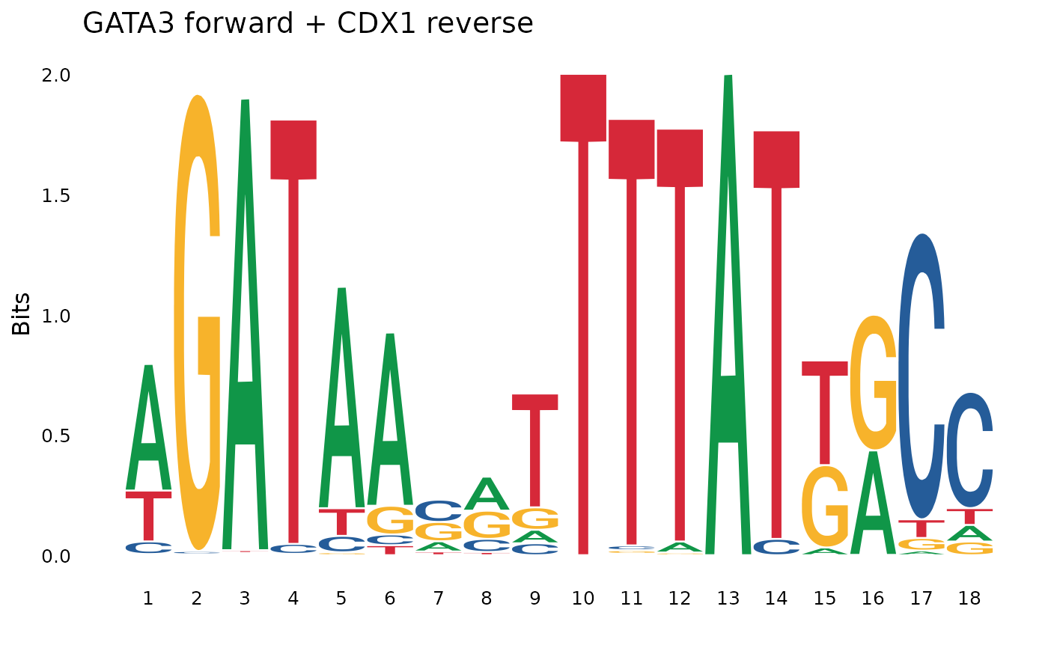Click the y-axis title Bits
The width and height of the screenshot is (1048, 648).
coord(22,314)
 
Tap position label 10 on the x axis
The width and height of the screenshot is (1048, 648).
coord(583,599)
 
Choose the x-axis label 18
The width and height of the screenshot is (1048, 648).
coord(970,599)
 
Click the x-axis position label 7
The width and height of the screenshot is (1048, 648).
coord(438,599)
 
